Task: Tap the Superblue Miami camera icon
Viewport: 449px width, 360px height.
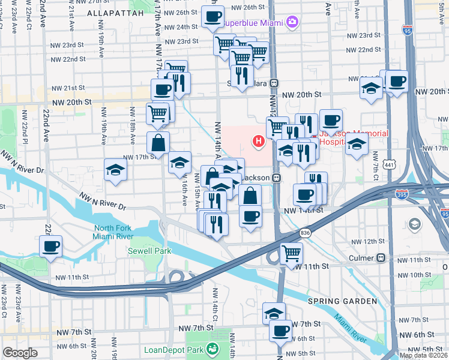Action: click(292, 23)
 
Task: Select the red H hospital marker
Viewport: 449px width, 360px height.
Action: click(259, 142)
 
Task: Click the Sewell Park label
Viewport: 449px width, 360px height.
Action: click(149, 251)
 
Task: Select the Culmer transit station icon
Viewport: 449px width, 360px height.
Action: click(381, 258)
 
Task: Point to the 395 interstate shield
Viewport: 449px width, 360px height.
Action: click(403, 194)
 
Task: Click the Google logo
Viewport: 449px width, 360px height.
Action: click(20, 353)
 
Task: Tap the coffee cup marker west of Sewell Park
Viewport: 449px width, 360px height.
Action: click(50, 245)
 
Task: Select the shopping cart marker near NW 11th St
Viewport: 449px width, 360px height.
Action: click(291, 253)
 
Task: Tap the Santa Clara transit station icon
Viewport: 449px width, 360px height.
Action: click(273, 83)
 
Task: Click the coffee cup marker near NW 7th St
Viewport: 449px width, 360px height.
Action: click(280, 329)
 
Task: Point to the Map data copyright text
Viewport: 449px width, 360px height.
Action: click(423, 355)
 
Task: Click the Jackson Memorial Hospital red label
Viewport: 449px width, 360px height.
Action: click(340, 138)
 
